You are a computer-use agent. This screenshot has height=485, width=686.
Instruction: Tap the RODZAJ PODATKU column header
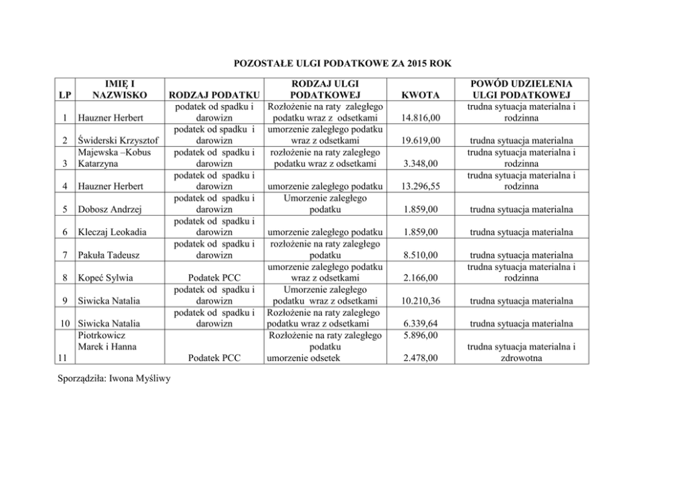[x=214, y=95]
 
